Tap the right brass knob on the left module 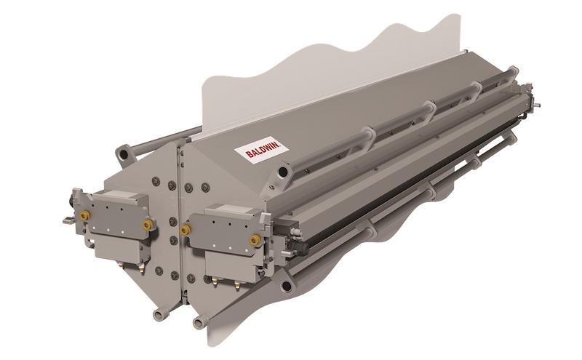tap(148, 225)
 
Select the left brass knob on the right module tap(186, 230)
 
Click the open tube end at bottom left tap(156, 314)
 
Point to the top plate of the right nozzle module tap(226, 212)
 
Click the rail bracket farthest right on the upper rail tap(476, 89)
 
